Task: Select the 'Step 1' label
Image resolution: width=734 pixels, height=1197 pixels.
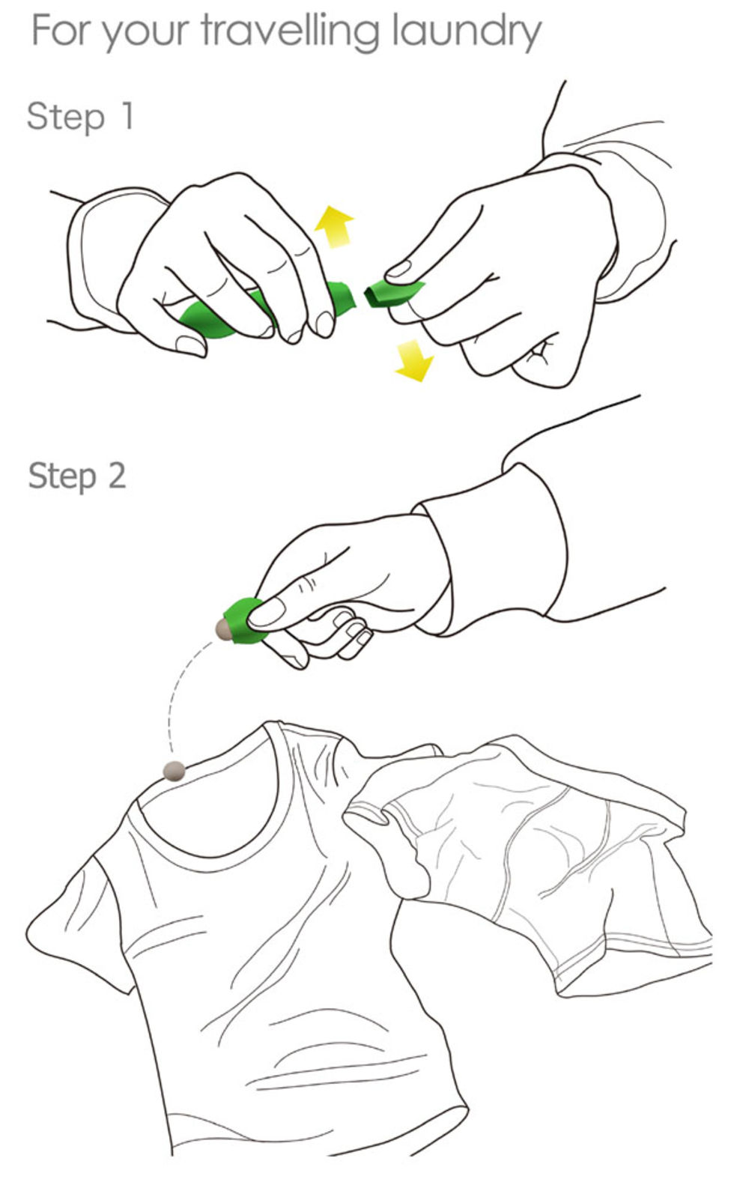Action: tap(80, 116)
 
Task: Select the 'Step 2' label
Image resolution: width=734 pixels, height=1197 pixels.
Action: tap(77, 476)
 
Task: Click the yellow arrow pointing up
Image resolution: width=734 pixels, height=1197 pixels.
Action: tap(334, 226)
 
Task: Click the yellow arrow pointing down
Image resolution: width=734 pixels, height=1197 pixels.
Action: tap(414, 360)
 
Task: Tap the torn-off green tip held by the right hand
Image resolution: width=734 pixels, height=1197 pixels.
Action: tap(392, 294)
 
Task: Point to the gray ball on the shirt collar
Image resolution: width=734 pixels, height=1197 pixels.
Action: tap(175, 771)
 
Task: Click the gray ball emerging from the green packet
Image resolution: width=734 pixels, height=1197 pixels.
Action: tap(222, 630)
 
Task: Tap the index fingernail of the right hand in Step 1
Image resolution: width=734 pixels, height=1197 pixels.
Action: tap(398, 269)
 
